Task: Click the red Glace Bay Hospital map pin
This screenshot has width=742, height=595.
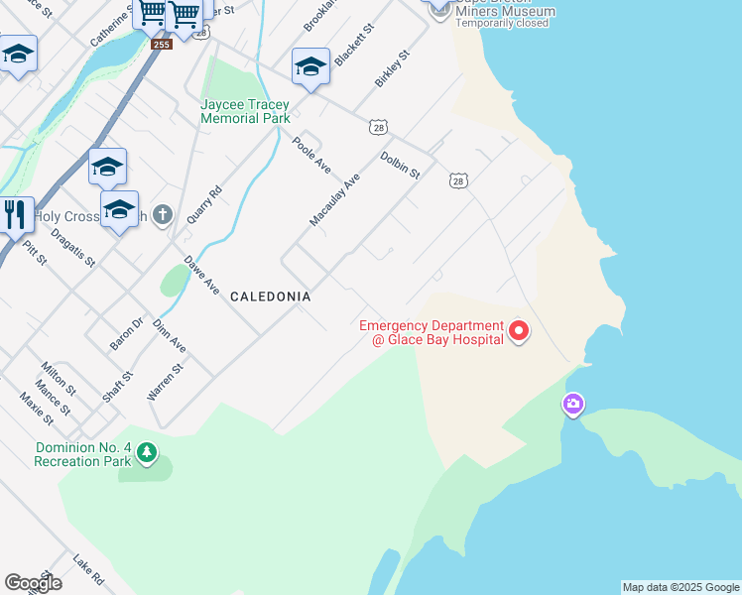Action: (x=519, y=331)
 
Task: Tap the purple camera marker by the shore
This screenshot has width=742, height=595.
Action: (x=572, y=405)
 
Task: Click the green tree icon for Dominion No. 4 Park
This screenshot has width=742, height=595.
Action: (x=147, y=454)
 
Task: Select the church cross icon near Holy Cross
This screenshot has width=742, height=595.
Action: (x=164, y=215)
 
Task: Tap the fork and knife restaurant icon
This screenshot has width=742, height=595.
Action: (x=14, y=213)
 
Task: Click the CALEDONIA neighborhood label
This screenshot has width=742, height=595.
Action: (x=271, y=297)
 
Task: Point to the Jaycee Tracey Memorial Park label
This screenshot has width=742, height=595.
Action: (x=245, y=111)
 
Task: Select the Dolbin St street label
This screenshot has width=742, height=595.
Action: (x=401, y=165)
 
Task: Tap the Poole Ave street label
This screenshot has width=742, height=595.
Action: (x=311, y=156)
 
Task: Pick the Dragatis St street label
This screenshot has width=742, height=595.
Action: (x=72, y=248)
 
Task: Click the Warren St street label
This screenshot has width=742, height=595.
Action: (x=166, y=381)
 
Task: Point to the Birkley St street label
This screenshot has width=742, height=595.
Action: (x=392, y=69)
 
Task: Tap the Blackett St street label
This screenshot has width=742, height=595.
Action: (x=353, y=46)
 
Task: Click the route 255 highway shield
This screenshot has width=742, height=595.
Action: (x=162, y=44)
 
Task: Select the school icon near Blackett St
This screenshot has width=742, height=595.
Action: (x=310, y=66)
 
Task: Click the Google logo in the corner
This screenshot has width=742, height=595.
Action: (x=33, y=583)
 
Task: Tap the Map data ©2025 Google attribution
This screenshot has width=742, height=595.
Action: (x=680, y=587)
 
